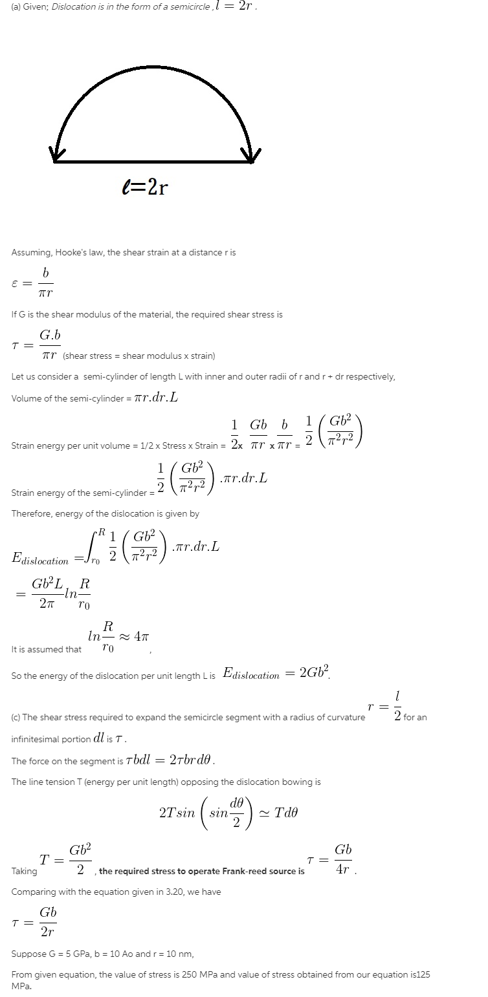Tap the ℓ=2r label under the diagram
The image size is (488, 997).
(x=145, y=188)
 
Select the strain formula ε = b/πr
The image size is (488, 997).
(x=32, y=283)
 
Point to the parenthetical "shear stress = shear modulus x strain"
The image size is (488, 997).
(x=139, y=356)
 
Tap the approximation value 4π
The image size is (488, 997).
(x=141, y=636)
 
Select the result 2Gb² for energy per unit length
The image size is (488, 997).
(x=315, y=672)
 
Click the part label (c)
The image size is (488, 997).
(x=16, y=717)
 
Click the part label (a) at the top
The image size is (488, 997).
(x=16, y=6)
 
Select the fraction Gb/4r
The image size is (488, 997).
(x=343, y=860)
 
